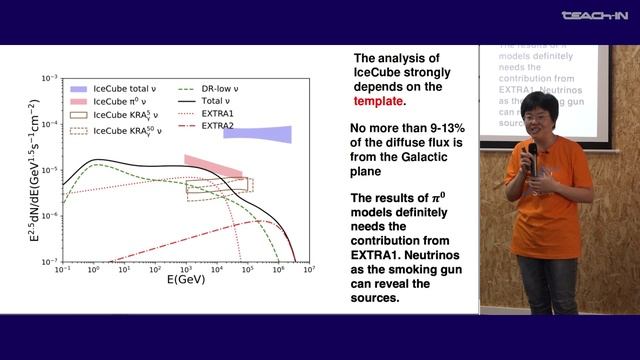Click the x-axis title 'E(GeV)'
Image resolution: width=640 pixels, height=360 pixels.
click(x=185, y=282)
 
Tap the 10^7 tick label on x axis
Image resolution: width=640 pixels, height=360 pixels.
click(x=310, y=269)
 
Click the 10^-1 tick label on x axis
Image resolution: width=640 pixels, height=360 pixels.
click(x=62, y=269)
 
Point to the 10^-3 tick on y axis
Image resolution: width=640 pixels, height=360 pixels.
click(x=51, y=78)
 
